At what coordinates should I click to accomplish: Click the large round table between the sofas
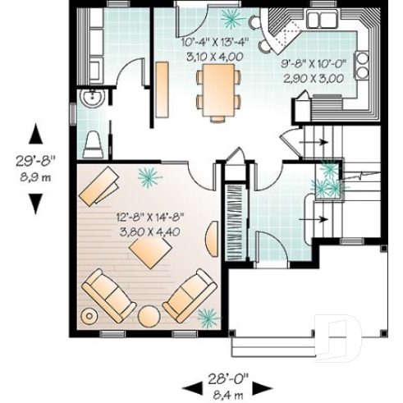click(149, 315)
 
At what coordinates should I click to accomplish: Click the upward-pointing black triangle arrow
click(34, 131)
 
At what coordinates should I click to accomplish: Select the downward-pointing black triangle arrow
click(34, 204)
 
